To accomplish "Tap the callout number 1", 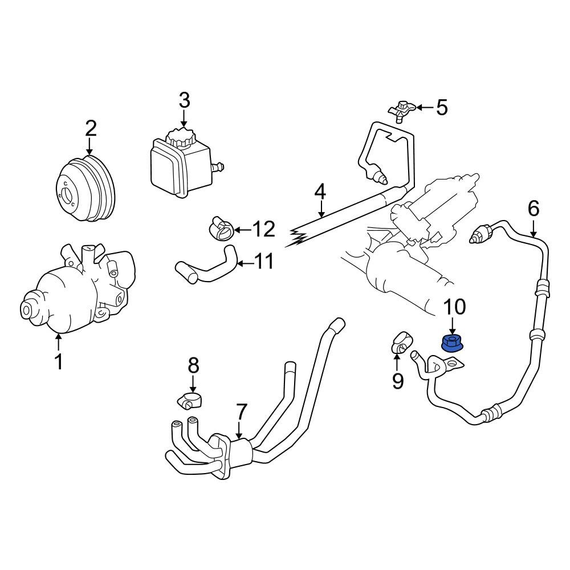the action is pos(59,361).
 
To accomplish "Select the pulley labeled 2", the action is pos(87,189).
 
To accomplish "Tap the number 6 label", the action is pos(534,209).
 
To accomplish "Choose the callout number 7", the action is pos(241,412).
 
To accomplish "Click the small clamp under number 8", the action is pos(190,401).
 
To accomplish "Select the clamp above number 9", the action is pos(402,342).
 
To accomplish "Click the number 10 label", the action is pos(455,307).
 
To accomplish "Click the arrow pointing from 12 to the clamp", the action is pos(242,230).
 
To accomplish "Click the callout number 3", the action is pos(184,100).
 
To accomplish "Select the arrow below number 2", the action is pos(89,147).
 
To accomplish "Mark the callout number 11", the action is pos(264,262).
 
